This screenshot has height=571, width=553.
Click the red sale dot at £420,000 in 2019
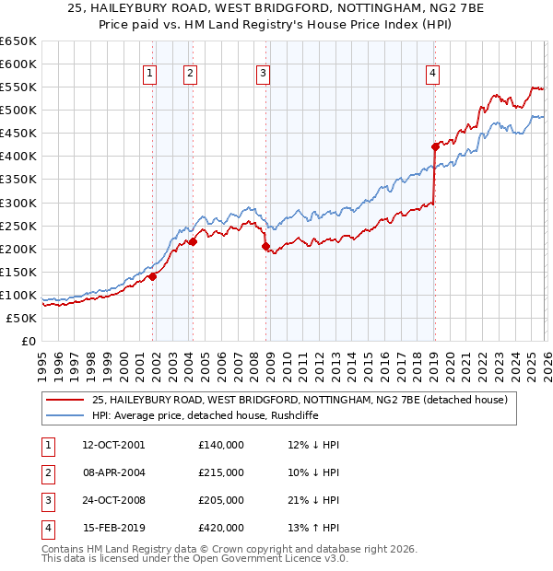pyautogui.click(x=434, y=146)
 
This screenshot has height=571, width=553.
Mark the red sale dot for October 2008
pyautogui.click(x=265, y=246)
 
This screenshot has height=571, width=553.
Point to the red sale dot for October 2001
pyautogui.click(x=152, y=276)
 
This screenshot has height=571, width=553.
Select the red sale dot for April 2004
pyautogui.click(x=193, y=241)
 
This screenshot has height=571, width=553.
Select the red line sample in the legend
pyautogui.click(x=65, y=400)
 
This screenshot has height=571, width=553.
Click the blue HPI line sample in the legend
pyautogui.click(x=65, y=415)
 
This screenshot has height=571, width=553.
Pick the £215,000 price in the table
pyautogui.click(x=221, y=472)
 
